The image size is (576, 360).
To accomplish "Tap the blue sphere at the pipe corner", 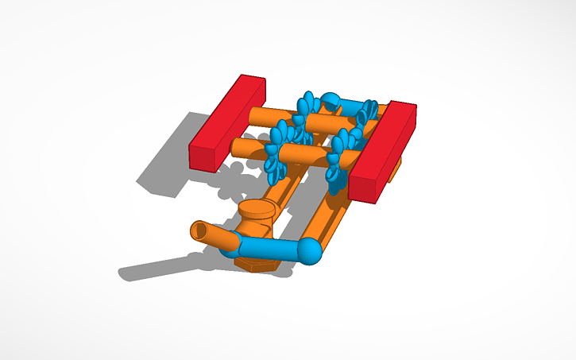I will tap(310, 251).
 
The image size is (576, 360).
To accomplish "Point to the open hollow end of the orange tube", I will tap(199, 232).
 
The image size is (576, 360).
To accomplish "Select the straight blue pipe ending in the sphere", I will tap(270, 248).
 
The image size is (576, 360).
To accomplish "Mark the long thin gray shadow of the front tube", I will tap(159, 266).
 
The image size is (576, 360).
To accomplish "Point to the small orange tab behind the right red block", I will tap(396, 168).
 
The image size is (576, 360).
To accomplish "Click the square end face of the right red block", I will tap(365, 188).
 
